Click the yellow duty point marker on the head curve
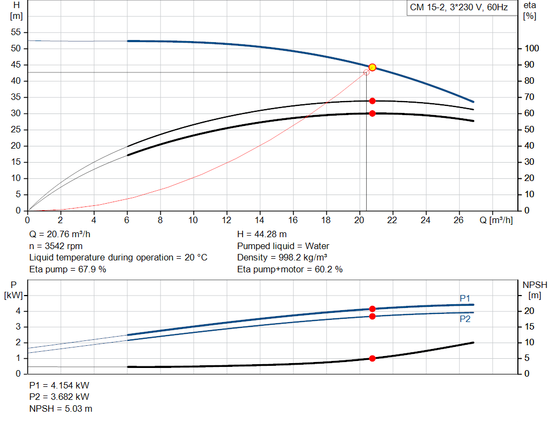tap(372, 67)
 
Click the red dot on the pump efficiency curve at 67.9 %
tap(372, 101)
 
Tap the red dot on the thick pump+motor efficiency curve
tap(372, 113)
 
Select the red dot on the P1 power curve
tap(372, 309)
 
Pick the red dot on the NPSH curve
tap(372, 358)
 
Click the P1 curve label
tap(465, 298)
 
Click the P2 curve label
tap(465, 319)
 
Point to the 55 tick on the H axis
tap(15, 32)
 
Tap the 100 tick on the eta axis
tap(532, 49)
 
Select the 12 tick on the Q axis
tap(227, 220)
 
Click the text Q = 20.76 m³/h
tap(59, 235)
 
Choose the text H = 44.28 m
tap(262, 235)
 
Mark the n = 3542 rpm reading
tap(56, 246)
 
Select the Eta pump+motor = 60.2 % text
tap(290, 269)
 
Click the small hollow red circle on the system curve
tap(366, 72)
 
